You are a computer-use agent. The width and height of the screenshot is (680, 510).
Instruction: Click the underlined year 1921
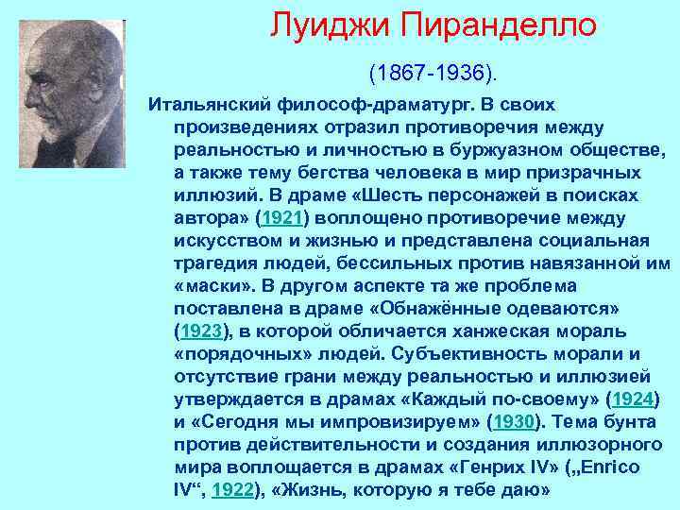(x=283, y=218)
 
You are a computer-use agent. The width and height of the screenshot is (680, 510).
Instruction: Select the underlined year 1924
(x=631, y=399)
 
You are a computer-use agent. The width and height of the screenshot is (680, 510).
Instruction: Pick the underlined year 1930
(x=514, y=422)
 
